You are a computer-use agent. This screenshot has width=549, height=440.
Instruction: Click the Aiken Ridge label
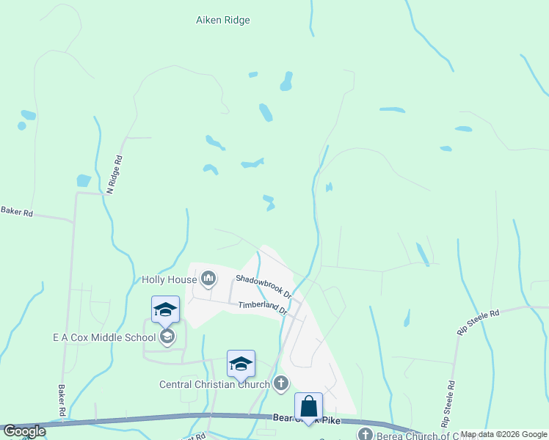222,20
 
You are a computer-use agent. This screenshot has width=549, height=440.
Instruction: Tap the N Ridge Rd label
114,175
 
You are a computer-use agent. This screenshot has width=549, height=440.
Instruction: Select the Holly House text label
170,279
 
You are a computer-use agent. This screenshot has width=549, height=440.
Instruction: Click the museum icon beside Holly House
208,278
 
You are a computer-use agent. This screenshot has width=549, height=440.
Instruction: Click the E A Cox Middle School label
104,337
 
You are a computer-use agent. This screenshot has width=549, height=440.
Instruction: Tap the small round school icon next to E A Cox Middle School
167,337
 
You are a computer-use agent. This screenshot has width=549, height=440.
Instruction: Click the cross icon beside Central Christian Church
280,383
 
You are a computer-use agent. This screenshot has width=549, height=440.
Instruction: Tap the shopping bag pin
308,406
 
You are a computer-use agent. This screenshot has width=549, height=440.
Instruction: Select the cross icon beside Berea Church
365,434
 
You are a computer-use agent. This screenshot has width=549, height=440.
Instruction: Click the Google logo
23,431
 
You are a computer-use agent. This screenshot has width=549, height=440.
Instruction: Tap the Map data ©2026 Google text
503,434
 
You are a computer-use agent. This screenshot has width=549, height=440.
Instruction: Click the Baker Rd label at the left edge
17,213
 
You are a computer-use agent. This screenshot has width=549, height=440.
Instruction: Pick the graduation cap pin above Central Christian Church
241,364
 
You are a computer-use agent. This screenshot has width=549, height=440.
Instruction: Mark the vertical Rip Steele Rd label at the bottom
447,403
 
